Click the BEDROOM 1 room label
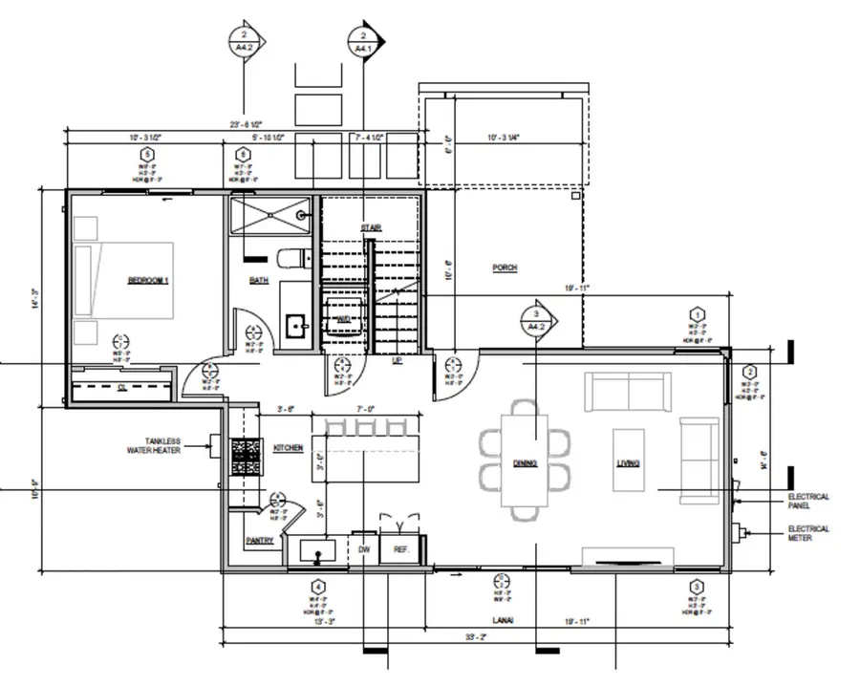click(148, 280)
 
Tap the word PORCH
click(505, 268)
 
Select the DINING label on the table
click(525, 464)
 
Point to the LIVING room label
click(628, 464)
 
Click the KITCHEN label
click(289, 447)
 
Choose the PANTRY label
click(259, 541)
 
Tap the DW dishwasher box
click(364, 550)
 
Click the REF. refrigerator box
click(401, 550)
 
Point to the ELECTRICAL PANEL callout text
click(807, 502)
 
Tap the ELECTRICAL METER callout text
click(807, 533)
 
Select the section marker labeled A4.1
click(365, 41)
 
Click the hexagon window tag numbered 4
click(317, 588)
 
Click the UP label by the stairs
click(397, 360)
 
